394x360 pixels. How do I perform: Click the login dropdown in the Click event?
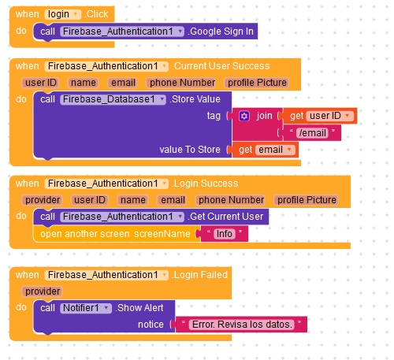pos(63,14)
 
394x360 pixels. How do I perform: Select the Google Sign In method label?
pos(221,32)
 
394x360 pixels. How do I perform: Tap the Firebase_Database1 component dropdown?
pos(113,99)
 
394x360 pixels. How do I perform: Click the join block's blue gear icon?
pos(244,116)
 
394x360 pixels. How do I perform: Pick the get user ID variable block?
pos(320,116)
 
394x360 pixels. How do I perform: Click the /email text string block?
pos(312,133)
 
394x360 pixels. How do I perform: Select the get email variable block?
pos(266,150)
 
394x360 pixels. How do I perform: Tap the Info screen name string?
pos(224,234)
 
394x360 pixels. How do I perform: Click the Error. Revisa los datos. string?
pos(241,325)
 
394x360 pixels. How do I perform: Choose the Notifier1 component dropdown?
pos(86,308)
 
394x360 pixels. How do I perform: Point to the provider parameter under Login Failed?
pos(43,291)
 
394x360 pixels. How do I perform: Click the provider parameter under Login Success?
pos(43,200)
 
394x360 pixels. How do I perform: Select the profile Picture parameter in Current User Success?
pos(257,83)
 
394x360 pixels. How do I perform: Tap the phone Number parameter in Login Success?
pos(231,200)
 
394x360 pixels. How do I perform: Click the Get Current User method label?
pos(225,217)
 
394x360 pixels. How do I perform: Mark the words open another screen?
pos(85,234)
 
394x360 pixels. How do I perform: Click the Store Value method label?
pos(195,99)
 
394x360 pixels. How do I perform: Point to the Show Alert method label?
pos(139,308)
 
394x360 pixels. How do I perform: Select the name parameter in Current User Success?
pos(84,83)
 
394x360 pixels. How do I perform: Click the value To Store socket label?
pos(190,150)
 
